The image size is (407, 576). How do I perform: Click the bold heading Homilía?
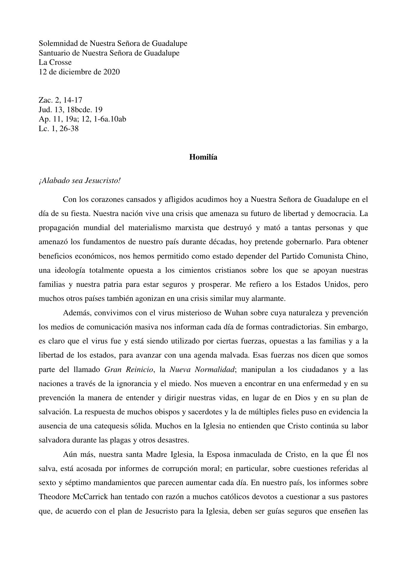pyautogui.click(x=203, y=157)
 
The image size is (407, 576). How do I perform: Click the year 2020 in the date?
pyautogui.click(x=112, y=72)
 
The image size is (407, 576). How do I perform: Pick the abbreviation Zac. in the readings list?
pyautogui.click(x=45, y=100)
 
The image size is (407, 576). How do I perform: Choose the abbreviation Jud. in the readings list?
pyautogui.click(x=45, y=109)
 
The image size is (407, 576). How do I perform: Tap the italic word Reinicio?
pyautogui.click(x=139, y=370)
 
